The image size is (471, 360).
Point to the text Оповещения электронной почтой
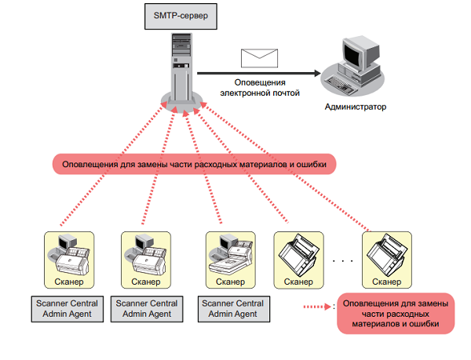(260, 87)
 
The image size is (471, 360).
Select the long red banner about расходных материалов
(194, 164)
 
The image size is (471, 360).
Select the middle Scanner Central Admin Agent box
(147, 308)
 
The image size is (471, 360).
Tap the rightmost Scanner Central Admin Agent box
(230, 308)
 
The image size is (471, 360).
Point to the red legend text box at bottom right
(396, 312)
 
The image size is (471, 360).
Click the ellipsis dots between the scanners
(345, 259)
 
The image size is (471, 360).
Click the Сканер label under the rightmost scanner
(388, 280)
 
